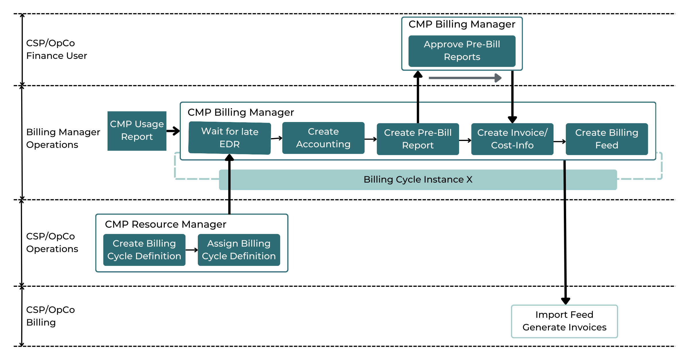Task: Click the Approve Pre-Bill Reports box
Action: (462, 51)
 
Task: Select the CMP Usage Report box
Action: (137, 131)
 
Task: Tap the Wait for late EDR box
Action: (230, 138)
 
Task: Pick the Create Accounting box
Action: (323, 138)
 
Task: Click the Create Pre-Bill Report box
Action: (418, 139)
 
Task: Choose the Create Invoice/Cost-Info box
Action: (512, 139)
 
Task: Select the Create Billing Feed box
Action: (607, 139)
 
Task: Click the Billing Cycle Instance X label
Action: (418, 179)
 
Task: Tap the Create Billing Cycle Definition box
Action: (144, 250)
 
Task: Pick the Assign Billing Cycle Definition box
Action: (239, 250)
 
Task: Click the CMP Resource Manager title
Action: (165, 224)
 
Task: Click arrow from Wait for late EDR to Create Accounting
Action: (276, 138)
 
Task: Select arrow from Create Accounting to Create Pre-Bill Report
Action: (371, 139)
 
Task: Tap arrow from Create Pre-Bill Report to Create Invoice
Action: (465, 140)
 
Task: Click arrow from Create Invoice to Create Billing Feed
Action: (560, 141)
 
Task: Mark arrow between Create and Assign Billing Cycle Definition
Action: (191, 250)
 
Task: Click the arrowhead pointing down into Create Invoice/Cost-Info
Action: (512, 119)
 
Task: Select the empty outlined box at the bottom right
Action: (564, 321)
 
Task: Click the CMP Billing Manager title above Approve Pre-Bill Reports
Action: (462, 24)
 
